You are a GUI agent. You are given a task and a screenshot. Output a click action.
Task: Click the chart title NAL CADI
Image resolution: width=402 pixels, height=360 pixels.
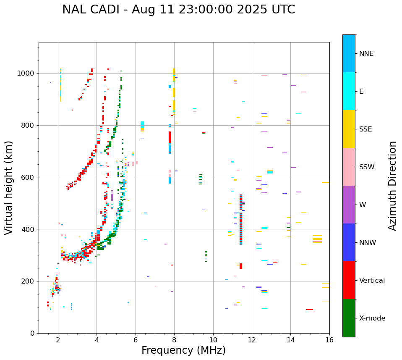(178, 10)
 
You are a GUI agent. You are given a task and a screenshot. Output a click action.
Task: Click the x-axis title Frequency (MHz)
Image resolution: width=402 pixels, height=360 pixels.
(183, 350)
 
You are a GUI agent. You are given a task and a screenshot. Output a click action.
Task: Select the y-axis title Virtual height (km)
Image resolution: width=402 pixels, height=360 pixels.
(9, 187)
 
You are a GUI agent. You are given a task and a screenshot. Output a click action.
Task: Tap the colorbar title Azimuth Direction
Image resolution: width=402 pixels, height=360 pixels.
(392, 185)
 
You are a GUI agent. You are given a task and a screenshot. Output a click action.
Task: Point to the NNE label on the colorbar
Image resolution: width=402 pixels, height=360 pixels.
(366, 54)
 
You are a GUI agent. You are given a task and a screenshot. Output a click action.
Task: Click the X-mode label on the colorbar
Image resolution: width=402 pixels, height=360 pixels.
(372, 318)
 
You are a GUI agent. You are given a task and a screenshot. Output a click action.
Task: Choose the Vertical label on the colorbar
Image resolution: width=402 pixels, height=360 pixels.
(372, 281)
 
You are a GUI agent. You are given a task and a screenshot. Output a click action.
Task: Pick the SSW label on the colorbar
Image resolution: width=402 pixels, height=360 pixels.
(367, 167)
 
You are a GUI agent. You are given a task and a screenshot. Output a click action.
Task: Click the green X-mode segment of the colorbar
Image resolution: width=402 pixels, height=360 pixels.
(349, 318)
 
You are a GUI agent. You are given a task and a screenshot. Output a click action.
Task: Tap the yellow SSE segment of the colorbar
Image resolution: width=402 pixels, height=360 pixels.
(349, 129)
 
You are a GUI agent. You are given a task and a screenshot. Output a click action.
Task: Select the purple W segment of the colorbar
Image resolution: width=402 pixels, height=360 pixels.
(349, 205)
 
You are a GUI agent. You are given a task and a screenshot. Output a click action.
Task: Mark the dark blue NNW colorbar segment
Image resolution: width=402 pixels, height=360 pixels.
(349, 242)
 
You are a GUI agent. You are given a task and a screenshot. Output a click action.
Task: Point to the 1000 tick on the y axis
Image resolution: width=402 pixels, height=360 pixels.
(28, 74)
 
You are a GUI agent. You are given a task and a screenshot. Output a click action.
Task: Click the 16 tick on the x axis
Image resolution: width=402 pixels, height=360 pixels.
(329, 340)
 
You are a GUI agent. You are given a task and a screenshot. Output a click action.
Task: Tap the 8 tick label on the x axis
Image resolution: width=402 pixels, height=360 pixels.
(174, 340)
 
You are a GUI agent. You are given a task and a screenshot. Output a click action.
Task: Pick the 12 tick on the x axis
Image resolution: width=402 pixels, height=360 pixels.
(252, 340)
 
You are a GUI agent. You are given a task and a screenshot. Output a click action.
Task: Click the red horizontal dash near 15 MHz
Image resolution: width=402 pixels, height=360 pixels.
(310, 310)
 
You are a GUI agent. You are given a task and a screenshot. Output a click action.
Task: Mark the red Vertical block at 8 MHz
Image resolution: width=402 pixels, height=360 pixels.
(170, 138)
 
